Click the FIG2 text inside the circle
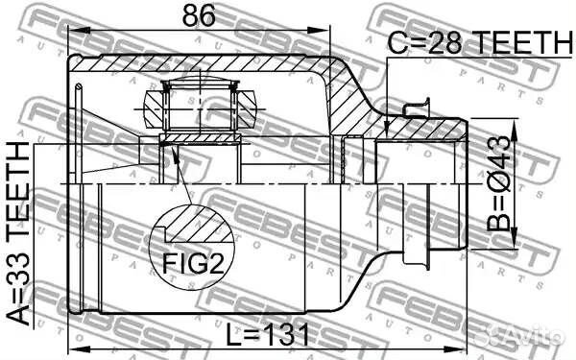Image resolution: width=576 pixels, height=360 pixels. pyautogui.click(x=194, y=260)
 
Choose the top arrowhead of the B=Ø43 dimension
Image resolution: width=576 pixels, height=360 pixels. pyautogui.click(x=517, y=121)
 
